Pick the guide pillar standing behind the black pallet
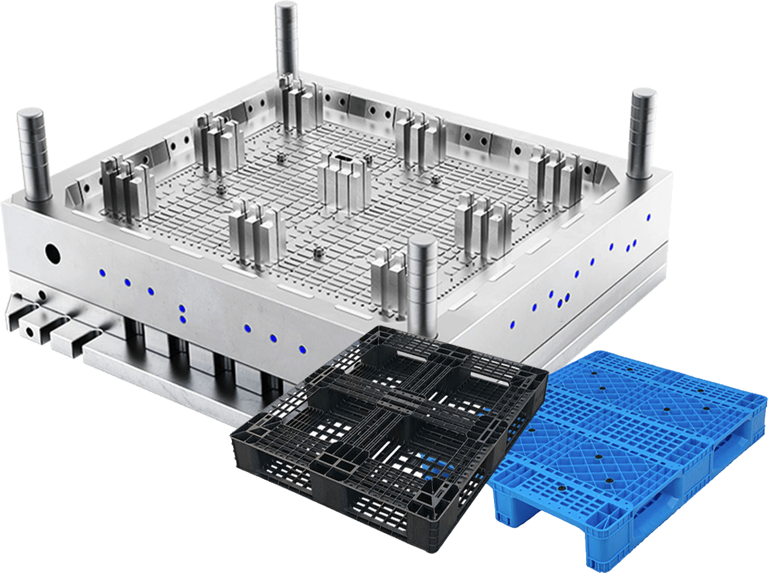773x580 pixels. click(423, 277)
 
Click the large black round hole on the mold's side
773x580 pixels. click(51, 253)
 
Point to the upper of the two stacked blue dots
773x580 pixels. click(182, 309)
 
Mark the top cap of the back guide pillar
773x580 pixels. click(286, 8)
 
